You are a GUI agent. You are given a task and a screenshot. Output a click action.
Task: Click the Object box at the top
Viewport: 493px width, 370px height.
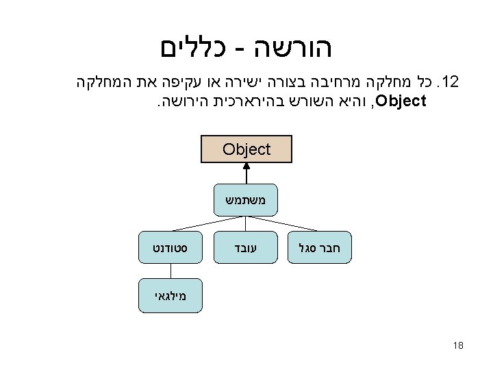click(246, 149)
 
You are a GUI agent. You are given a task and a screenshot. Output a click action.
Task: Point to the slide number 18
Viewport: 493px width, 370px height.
click(458, 345)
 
